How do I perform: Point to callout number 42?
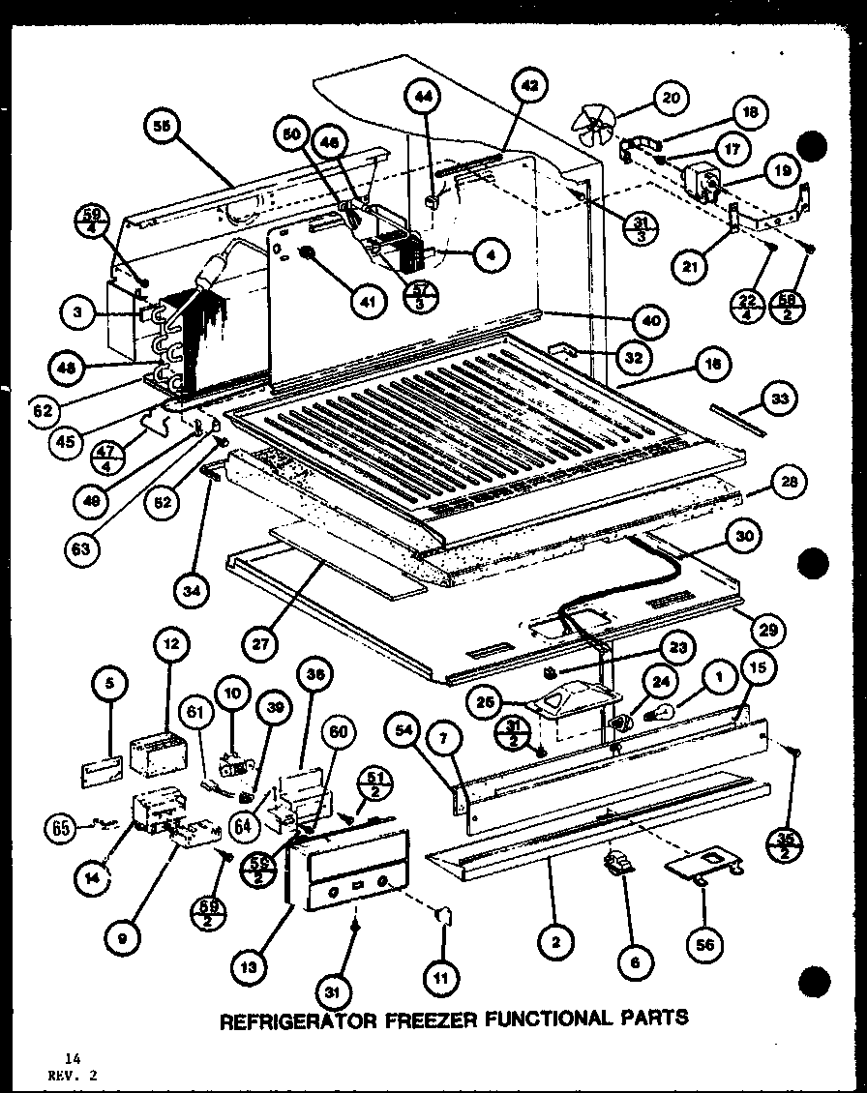[529, 84]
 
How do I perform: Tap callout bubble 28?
[792, 483]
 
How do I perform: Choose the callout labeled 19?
[782, 170]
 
